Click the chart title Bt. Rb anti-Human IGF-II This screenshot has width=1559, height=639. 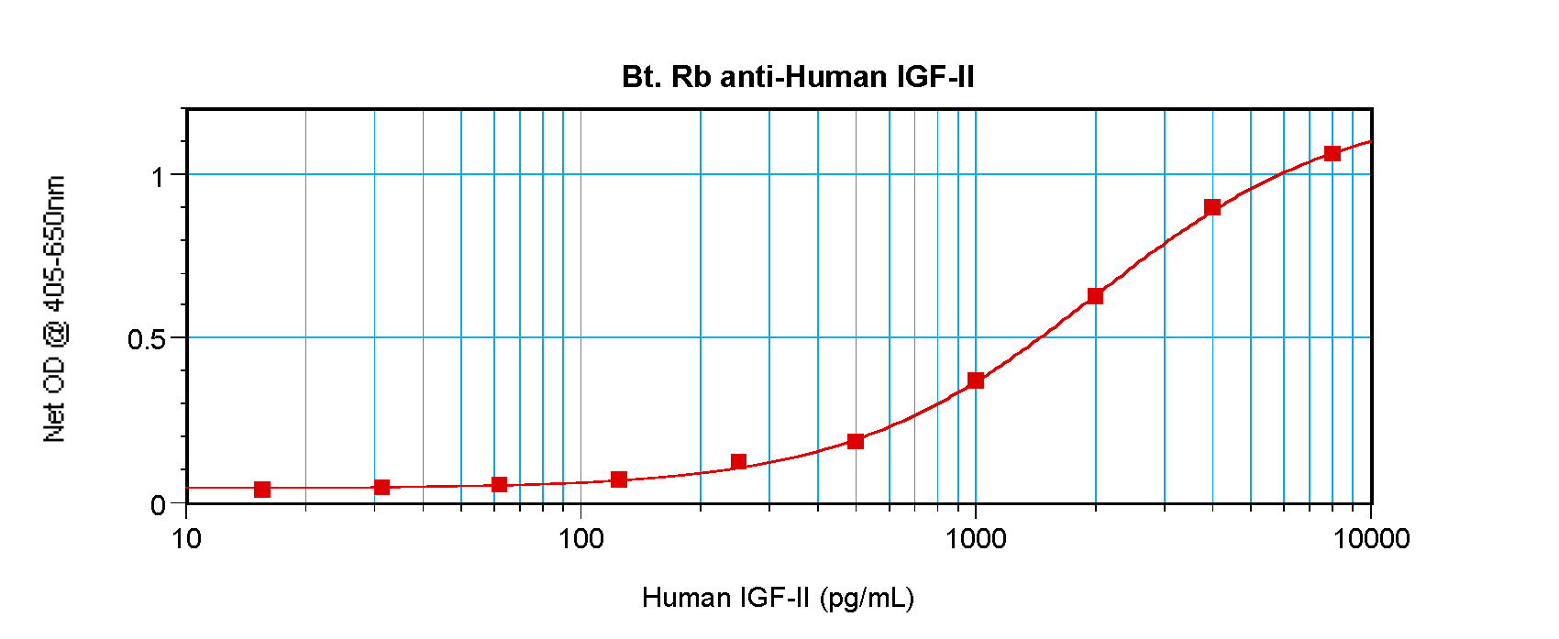[798, 76]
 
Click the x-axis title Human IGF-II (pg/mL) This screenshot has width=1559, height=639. [778, 598]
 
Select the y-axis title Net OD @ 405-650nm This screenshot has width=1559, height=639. [55, 309]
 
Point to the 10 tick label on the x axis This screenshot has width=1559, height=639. [186, 538]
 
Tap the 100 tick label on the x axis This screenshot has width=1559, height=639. [580, 538]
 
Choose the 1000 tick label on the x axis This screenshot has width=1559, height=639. [976, 538]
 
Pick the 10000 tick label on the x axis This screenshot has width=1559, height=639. [1371, 538]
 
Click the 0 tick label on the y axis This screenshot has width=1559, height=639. [159, 504]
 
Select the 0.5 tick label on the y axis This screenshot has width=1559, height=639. [147, 339]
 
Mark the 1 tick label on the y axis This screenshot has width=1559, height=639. [159, 175]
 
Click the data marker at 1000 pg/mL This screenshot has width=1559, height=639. [976, 380]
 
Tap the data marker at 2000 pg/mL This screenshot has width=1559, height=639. [1095, 296]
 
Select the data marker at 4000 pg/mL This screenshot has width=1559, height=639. [1212, 207]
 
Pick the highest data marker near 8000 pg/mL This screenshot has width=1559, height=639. [1332, 153]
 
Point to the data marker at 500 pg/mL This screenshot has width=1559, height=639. [856, 441]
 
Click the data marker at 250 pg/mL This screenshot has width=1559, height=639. [738, 461]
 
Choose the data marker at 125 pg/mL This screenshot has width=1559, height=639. [619, 479]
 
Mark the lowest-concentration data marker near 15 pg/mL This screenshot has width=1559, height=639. [262, 490]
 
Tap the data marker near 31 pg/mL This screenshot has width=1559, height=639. [381, 487]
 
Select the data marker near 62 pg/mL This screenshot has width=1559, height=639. [499, 484]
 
